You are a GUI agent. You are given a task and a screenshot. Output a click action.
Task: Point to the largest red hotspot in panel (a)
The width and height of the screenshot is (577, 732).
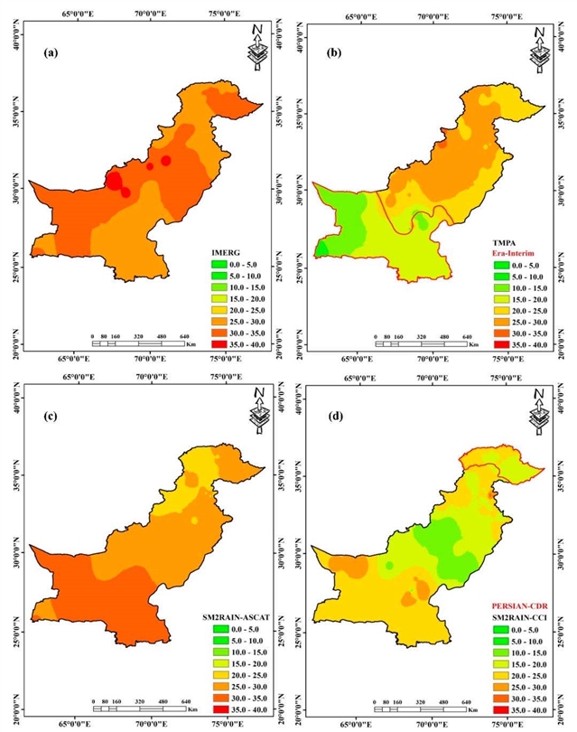point(116,181)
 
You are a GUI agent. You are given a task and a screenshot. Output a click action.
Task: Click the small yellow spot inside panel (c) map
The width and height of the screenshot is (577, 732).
point(194,521)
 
